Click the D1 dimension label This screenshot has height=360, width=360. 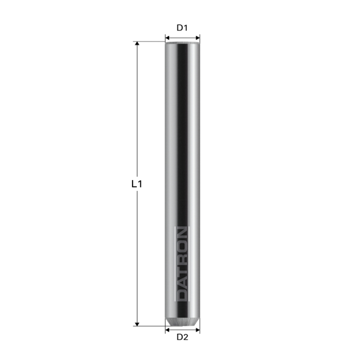pos(183,28)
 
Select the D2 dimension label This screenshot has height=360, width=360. pos(183,337)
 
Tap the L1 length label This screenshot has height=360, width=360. pos(136,184)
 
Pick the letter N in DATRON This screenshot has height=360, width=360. pos(183,234)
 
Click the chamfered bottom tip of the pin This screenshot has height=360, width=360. pos(183,322)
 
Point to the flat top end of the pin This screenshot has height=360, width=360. pos(183,43)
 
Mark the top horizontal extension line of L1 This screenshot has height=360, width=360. pos(149,41)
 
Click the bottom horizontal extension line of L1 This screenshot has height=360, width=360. pos(149,326)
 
